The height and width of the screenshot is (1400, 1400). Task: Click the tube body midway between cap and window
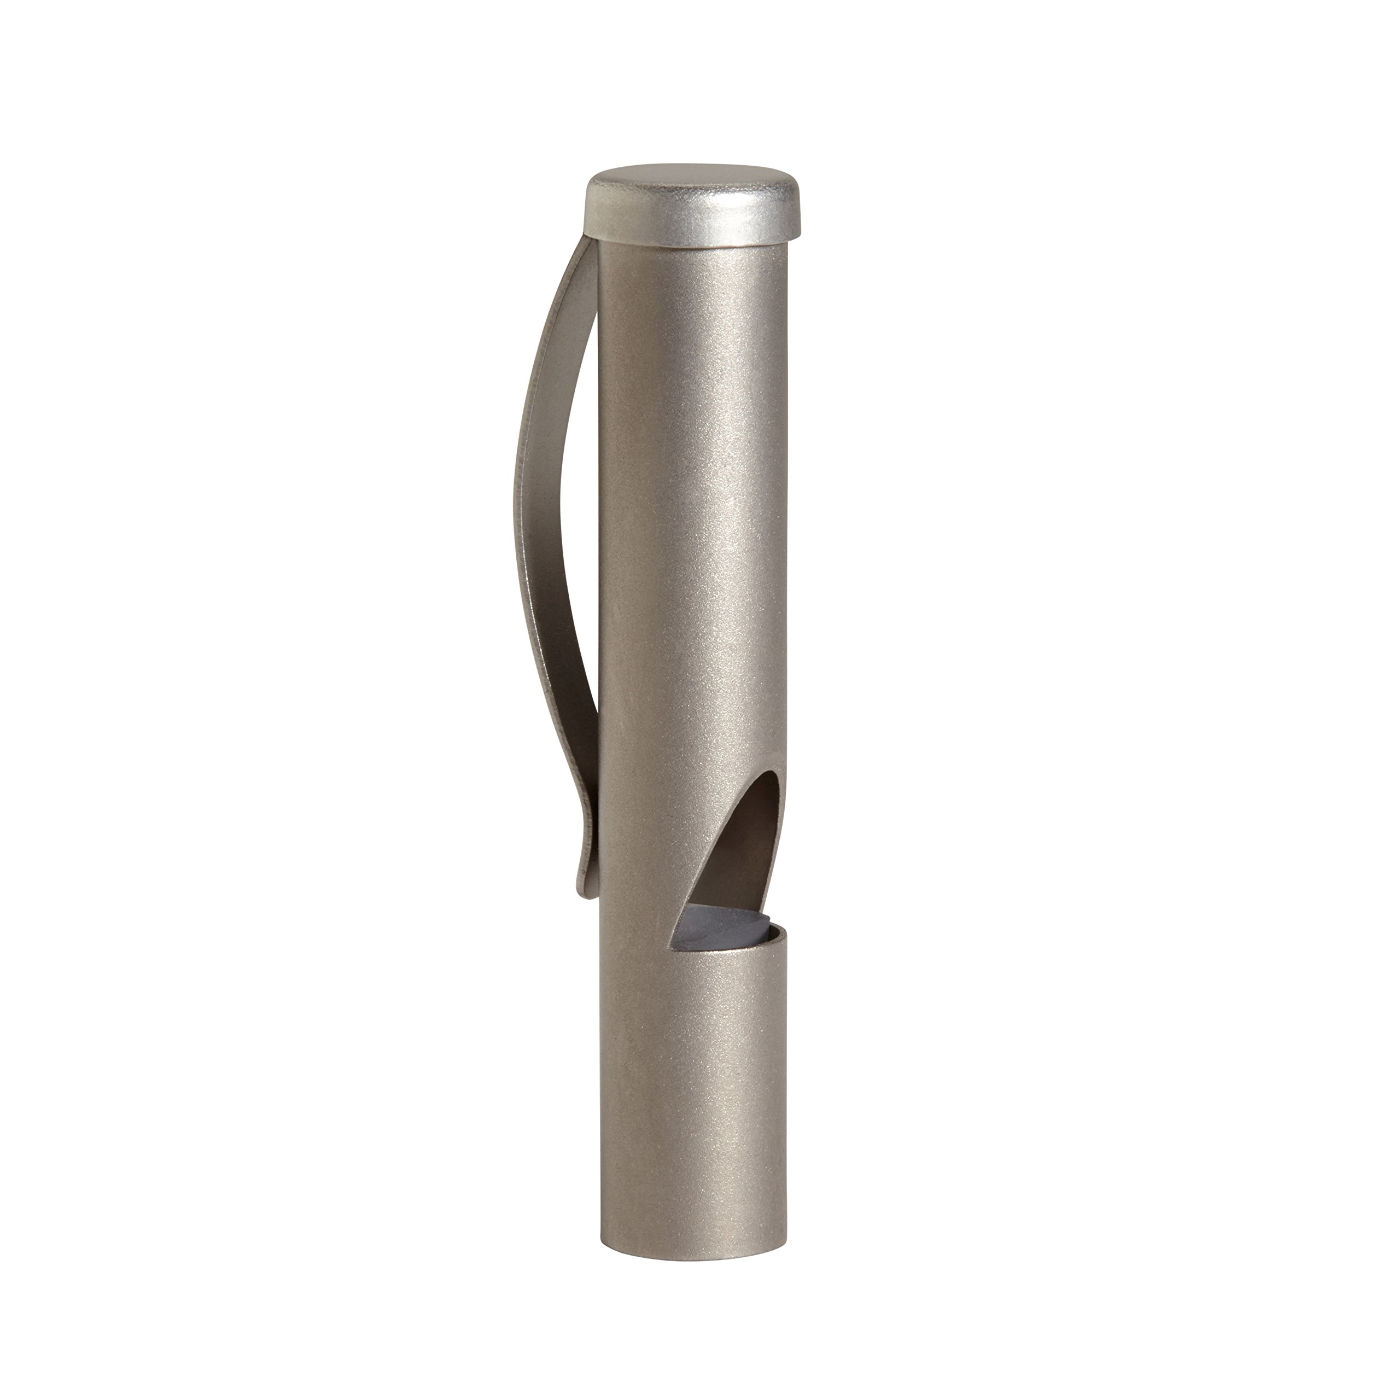692,507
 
